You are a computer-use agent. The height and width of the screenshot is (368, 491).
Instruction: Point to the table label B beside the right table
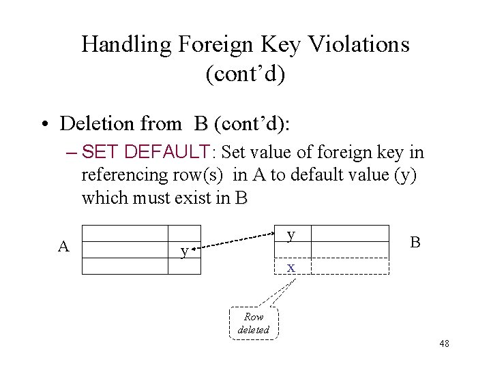coord(415,243)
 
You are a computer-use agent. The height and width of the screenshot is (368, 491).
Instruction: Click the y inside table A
coord(183,251)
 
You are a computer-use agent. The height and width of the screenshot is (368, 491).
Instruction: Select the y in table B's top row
coord(291,234)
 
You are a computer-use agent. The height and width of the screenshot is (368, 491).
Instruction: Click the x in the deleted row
coord(291,267)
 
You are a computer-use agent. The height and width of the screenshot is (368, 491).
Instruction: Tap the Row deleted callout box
coord(254,323)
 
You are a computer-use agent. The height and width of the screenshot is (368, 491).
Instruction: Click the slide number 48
coord(444,343)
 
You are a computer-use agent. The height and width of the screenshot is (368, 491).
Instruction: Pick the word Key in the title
coord(280,45)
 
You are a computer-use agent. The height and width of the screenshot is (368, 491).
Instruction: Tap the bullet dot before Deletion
coord(43,125)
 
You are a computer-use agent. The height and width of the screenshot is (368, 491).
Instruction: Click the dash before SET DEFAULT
coord(73,151)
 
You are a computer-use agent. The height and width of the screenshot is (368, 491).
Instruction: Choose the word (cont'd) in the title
coord(245,74)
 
